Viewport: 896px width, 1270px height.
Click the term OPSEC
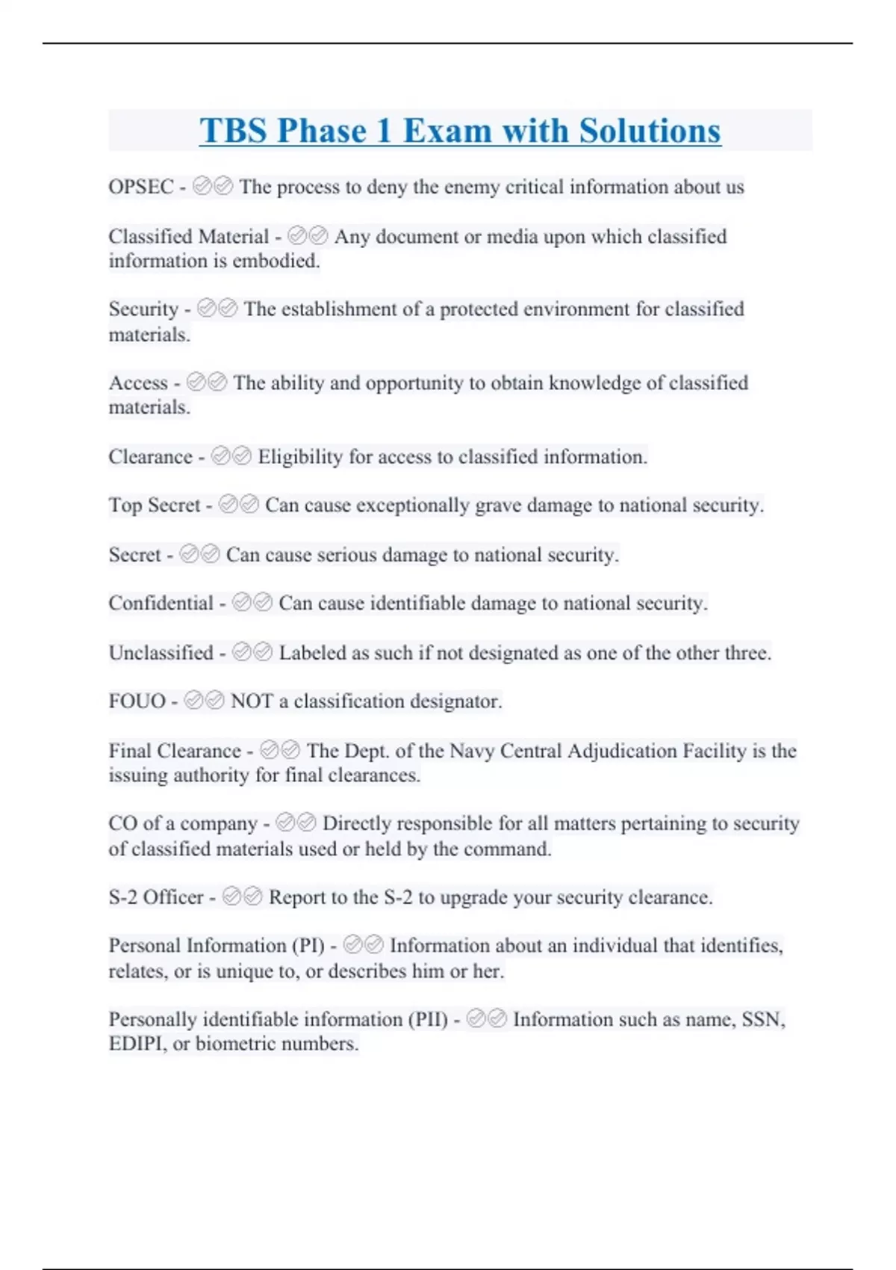(x=140, y=187)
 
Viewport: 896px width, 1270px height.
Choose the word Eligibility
(x=300, y=456)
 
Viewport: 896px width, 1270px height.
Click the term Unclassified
(x=161, y=652)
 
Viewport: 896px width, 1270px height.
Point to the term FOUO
(x=137, y=701)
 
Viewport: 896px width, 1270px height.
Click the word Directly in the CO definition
(x=355, y=823)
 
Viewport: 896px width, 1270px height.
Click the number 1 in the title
(x=384, y=131)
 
